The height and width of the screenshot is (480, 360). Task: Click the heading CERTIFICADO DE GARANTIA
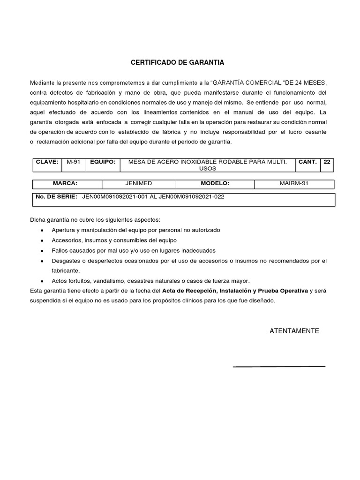tap(177, 62)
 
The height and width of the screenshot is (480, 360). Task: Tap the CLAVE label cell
tap(47, 162)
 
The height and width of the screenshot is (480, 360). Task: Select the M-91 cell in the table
tap(74, 162)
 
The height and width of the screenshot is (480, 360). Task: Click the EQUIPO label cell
tap(103, 162)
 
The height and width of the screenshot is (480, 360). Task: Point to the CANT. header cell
tap(307, 162)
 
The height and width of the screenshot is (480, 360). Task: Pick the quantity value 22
tap(327, 162)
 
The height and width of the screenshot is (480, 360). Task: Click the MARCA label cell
tap(65, 183)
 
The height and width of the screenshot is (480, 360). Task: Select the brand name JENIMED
tap(139, 183)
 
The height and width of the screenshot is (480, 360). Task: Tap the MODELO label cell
tap(215, 183)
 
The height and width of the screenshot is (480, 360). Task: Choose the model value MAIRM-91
tap(294, 183)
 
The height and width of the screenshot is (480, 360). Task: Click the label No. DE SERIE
tap(56, 197)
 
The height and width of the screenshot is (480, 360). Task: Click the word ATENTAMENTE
tap(294, 331)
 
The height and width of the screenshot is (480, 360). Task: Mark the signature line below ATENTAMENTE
tap(279, 366)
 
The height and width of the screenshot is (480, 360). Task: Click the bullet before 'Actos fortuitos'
tap(43, 281)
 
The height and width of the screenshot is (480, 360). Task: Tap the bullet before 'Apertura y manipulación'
tap(43, 231)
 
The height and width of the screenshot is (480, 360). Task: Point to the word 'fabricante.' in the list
tap(66, 271)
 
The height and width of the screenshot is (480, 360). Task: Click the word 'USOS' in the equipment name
tap(205, 168)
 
